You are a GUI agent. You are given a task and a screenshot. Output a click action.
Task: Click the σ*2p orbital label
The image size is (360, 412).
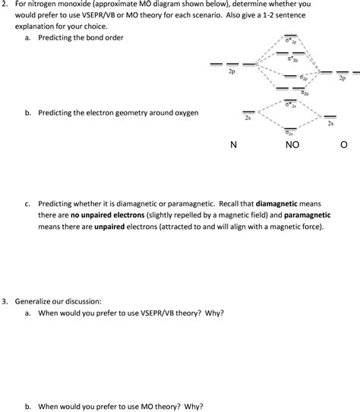291,42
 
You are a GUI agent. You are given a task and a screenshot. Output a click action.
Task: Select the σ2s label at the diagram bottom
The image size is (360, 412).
290,131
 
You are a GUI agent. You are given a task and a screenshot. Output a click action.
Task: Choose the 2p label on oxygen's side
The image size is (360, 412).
343,78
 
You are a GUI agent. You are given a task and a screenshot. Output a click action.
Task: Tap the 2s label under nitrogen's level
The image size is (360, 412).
248,118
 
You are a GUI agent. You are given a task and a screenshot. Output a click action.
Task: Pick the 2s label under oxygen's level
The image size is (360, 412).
330,123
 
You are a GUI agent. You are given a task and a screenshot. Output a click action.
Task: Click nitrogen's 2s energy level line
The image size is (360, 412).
248,112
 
